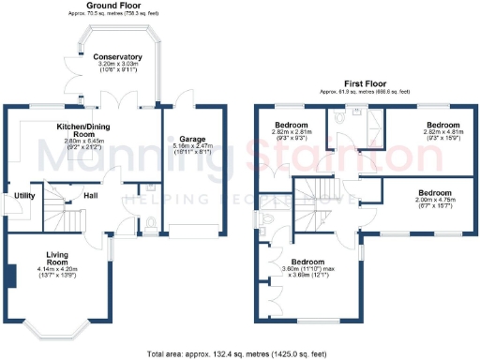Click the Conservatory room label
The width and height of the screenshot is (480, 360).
[117, 56]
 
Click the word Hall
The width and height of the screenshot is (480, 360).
[91, 195]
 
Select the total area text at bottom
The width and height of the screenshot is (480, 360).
[239, 353]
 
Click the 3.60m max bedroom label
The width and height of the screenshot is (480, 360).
[307, 262]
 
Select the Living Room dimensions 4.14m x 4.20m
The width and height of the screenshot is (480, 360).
[59, 272]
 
